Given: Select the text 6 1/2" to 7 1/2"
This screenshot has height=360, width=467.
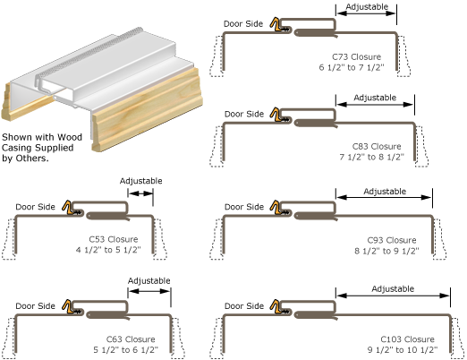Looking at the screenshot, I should (x=355, y=66).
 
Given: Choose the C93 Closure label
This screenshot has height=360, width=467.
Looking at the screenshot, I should (x=392, y=240).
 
